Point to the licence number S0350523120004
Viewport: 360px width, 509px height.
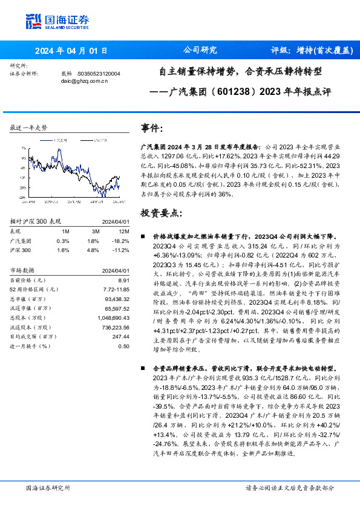click(99, 73)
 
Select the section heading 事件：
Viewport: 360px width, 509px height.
click(152, 128)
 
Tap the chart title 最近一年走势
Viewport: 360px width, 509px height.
click(29, 128)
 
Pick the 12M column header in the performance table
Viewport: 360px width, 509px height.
click(124, 232)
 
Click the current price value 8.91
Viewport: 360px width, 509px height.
click(123, 280)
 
